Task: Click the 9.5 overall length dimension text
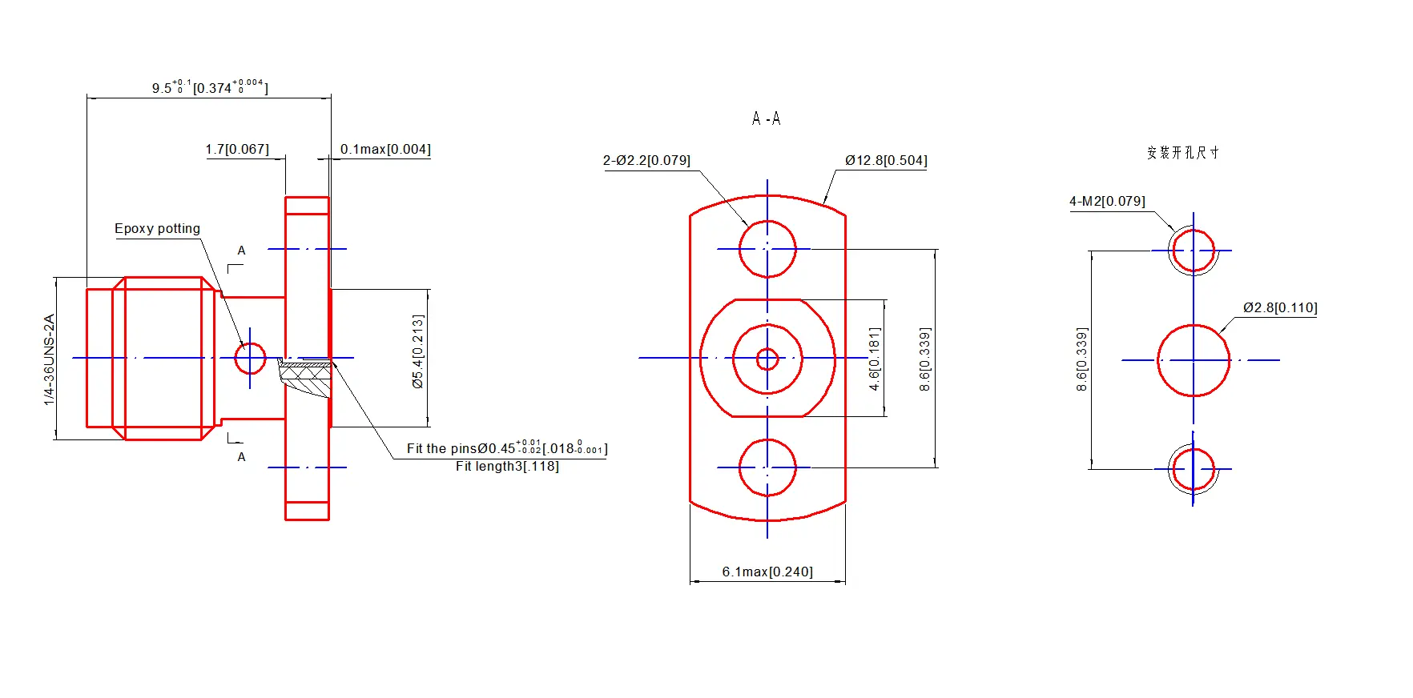point(210,87)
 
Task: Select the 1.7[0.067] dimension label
point(237,150)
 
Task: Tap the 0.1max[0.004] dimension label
point(385,150)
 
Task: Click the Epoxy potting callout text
point(157,229)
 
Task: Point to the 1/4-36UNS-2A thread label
point(50,359)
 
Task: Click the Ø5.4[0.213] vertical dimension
point(417,351)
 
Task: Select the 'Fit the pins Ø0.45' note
point(506,448)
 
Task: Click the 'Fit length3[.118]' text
point(507,467)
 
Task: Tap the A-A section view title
point(766,119)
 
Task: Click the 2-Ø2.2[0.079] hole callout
point(646,161)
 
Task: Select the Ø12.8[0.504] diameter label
point(886,161)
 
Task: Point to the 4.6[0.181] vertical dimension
point(875,359)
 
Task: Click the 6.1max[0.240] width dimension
point(767,572)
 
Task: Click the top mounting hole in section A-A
point(767,249)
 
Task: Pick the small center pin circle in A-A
point(767,359)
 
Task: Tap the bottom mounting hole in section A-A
point(767,467)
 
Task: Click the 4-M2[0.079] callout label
point(1107,202)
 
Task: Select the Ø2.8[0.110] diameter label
point(1280,308)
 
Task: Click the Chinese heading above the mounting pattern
point(1182,153)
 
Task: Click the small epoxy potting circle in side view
point(250,359)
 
